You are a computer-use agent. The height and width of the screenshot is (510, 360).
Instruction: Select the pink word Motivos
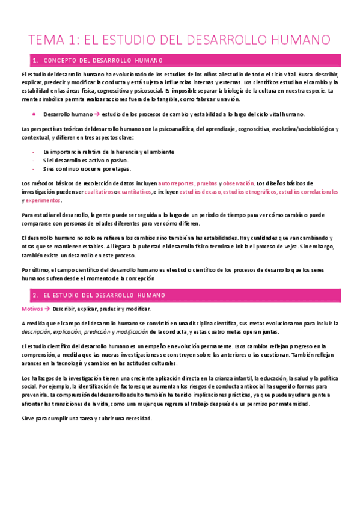coord(31,309)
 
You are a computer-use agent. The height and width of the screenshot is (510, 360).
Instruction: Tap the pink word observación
coord(239,183)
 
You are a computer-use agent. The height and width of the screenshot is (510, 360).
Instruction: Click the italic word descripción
coord(35,332)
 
